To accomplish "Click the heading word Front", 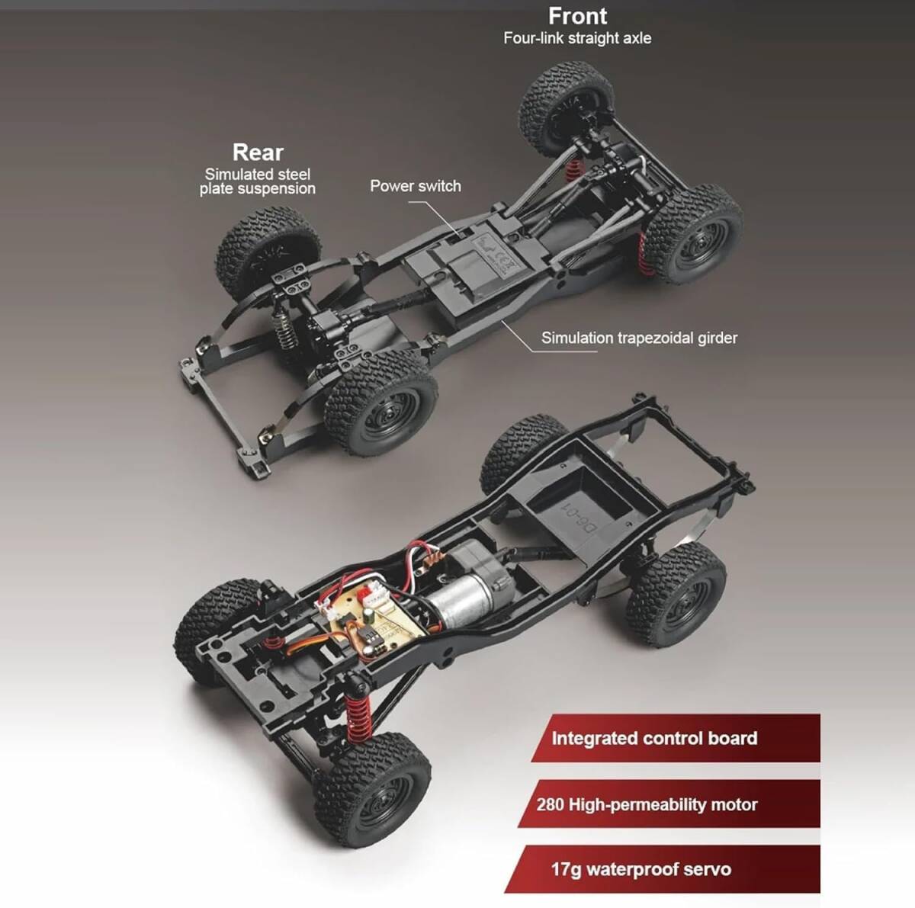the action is click(577, 16).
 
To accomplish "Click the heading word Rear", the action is click(258, 152).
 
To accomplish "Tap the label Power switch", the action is click(416, 186).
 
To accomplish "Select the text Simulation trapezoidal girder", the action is click(639, 338).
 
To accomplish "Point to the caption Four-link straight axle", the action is click(577, 38).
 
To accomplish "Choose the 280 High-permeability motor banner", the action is click(669, 804).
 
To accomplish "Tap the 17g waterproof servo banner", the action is click(662, 869).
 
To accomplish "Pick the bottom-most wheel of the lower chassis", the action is click(373, 791).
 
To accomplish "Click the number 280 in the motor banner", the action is click(551, 804).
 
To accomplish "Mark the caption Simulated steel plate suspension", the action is click(258, 181).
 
